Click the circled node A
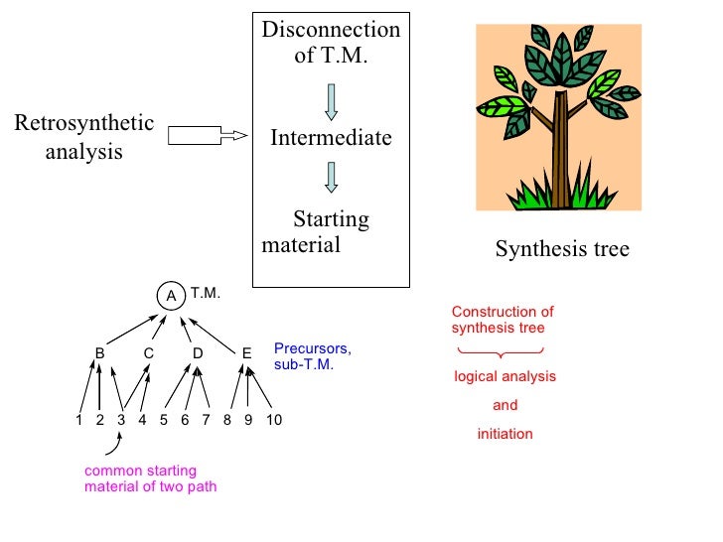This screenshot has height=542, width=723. click(171, 295)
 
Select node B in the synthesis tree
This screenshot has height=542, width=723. click(100, 352)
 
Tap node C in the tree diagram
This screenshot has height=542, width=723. click(148, 352)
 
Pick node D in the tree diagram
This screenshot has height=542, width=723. click(198, 352)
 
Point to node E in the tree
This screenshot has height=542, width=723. click(246, 352)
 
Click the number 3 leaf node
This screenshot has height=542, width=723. click(121, 420)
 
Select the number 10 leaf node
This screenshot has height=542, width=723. click(274, 420)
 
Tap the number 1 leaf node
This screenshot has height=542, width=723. click(78, 420)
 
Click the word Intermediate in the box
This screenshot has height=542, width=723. click(331, 138)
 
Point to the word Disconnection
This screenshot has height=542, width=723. click(331, 30)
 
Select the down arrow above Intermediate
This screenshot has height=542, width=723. click(331, 101)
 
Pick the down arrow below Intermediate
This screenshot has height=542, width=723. click(331, 176)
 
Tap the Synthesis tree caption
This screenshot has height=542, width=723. click(562, 249)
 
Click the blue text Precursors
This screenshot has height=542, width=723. click(313, 350)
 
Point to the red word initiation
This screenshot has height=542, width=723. click(505, 434)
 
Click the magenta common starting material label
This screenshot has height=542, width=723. click(150, 478)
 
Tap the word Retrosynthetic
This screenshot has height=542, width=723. click(84, 124)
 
